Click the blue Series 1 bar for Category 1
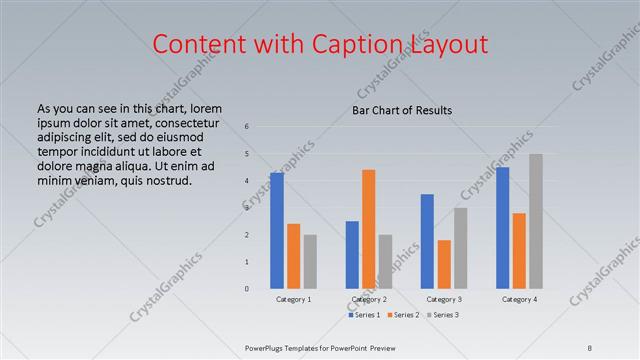tap(277, 231)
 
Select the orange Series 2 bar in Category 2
tap(368, 229)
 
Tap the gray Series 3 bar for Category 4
tap(536, 221)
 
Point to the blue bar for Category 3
tap(427, 241)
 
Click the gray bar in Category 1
tap(310, 262)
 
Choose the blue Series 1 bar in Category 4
tap(503, 228)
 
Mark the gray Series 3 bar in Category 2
tap(385, 262)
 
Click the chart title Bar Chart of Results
tap(402, 110)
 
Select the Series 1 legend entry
tap(364, 315)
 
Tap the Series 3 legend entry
tap(443, 315)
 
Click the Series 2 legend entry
tap(404, 315)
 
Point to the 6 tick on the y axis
tap(247, 126)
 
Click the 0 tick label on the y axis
tap(247, 289)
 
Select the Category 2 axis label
tap(368, 299)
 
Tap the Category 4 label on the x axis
tap(519, 299)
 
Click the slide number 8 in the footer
tap(590, 347)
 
